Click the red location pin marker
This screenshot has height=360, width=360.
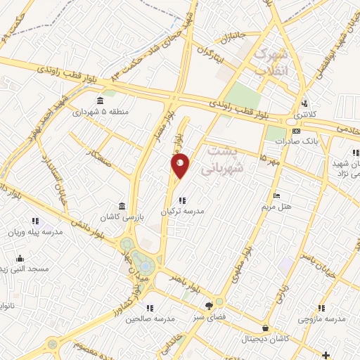tap(181, 165)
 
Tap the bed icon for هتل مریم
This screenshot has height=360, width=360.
tap(277, 195)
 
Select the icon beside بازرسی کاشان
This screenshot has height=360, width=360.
tap(123, 206)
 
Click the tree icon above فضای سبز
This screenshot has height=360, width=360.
tap(208, 305)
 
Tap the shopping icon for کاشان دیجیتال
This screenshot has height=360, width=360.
tap(264, 328)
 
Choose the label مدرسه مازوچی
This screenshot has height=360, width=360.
tap(321, 319)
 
